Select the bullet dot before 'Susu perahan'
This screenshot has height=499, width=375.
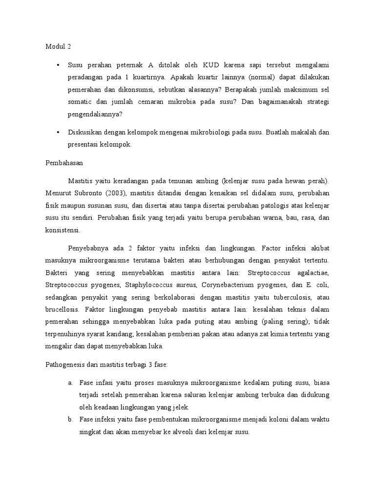pyautogui.click(x=58, y=65)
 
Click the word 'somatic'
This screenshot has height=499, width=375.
pyautogui.click(x=80, y=103)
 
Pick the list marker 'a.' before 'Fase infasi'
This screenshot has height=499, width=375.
pyautogui.click(x=71, y=383)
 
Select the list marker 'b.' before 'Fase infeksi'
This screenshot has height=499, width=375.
pyautogui.click(x=71, y=419)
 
